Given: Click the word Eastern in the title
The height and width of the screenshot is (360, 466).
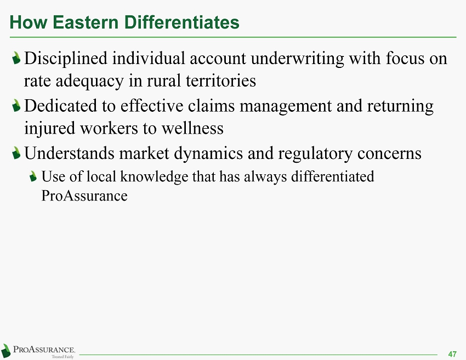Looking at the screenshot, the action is point(86,22).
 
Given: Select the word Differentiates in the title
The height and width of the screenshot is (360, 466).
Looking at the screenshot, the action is point(181,22).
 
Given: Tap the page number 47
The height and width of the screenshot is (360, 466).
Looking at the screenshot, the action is point(452,354).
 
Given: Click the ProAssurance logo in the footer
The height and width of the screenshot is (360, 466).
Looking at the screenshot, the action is point(38,351).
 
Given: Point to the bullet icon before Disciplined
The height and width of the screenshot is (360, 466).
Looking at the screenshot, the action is point(16,58).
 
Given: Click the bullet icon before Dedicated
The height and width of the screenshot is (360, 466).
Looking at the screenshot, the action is point(16,105).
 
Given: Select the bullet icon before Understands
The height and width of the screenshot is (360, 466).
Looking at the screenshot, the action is point(16,153).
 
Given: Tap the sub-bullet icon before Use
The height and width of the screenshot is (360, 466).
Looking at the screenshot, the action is point(33,176).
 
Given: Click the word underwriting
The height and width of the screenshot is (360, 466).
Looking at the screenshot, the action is point(297,58).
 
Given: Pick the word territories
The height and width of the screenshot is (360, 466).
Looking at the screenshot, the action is point(221,81).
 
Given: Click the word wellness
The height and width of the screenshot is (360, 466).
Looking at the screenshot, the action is point(192,128).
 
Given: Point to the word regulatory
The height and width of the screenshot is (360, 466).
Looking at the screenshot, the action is point(315,154).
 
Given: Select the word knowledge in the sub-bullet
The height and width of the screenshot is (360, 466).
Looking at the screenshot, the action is point(154,177).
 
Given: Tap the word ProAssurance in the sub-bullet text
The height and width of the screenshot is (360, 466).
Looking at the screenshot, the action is point(84,196).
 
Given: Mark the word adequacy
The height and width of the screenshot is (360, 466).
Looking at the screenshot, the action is point(89,81).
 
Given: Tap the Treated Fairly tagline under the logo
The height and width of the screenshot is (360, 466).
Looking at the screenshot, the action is point(62,357).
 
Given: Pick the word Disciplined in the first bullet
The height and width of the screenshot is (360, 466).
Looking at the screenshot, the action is point(66,58).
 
